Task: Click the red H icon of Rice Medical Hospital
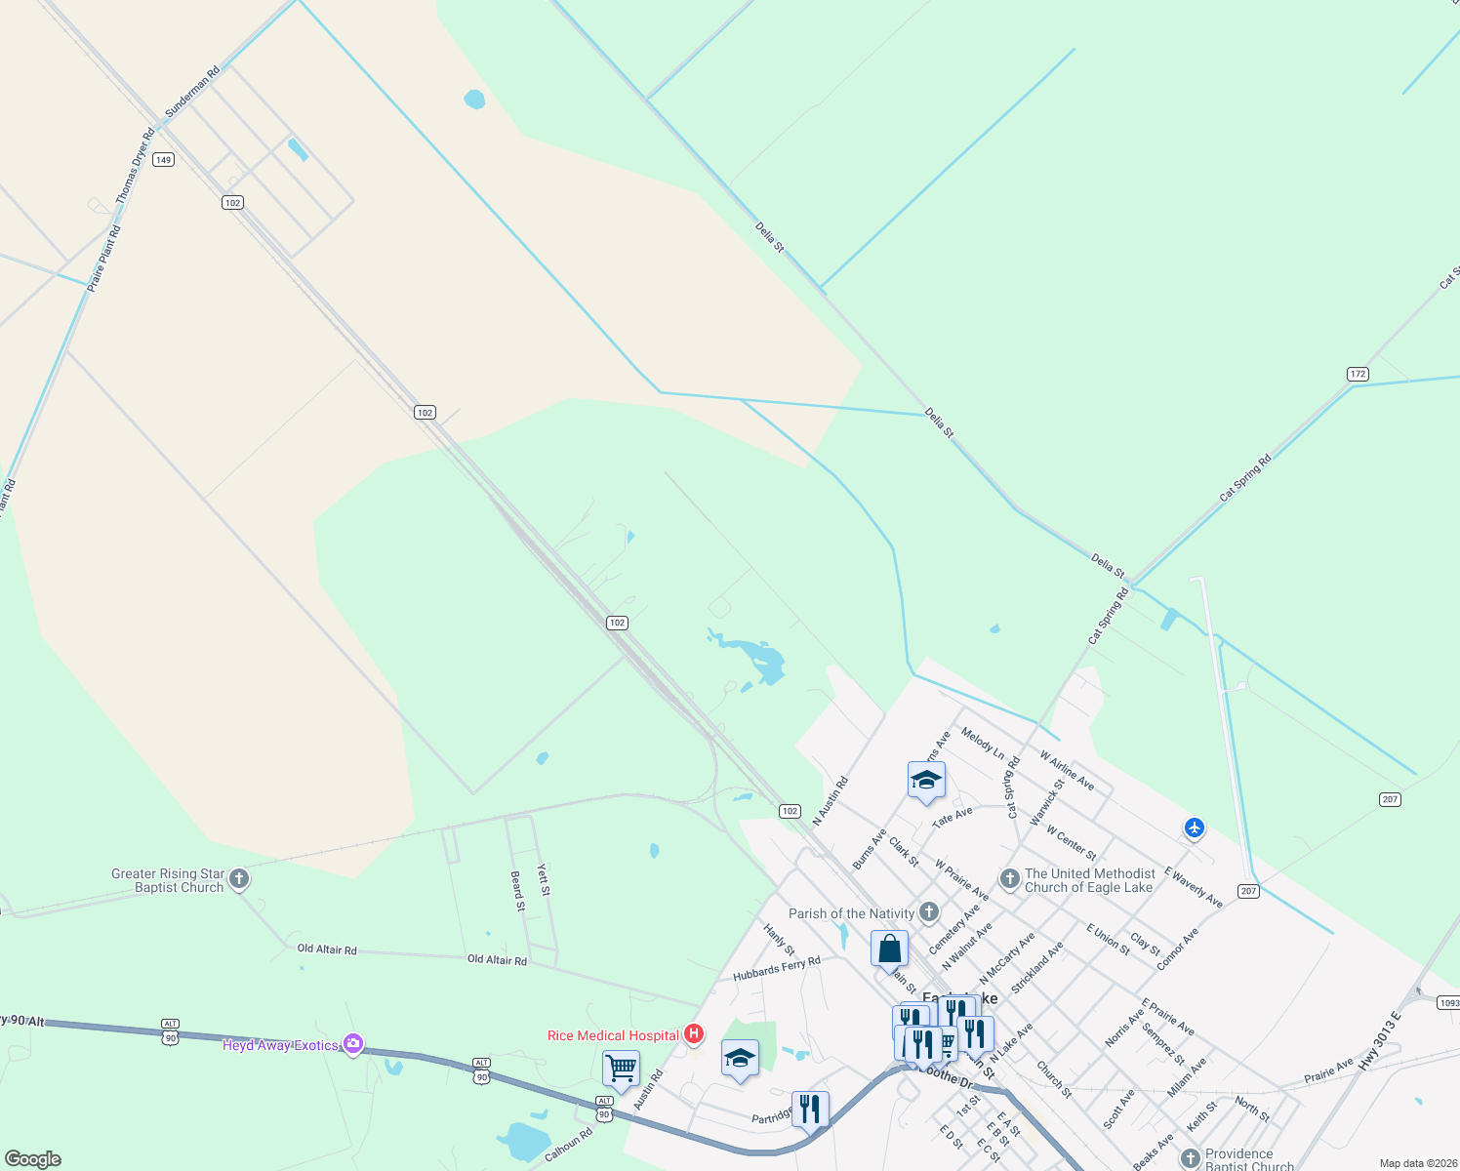pyautogui.click(x=694, y=1033)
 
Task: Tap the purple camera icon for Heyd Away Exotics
pyautogui.click(x=353, y=1045)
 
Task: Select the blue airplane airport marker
pyautogui.click(x=1194, y=828)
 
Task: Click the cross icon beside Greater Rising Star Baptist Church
pyautogui.click(x=239, y=880)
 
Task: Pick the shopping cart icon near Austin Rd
pyautogui.click(x=621, y=1070)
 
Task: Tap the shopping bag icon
pyautogui.click(x=889, y=948)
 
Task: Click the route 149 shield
pyautogui.click(x=163, y=160)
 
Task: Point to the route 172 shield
pyautogui.click(x=1358, y=374)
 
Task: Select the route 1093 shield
pyautogui.click(x=1449, y=1003)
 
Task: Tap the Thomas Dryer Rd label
pyautogui.click(x=135, y=166)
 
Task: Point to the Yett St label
pyautogui.click(x=544, y=880)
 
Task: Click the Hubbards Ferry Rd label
pyautogui.click(x=777, y=968)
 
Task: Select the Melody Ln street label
pyautogui.click(x=982, y=743)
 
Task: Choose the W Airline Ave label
pyautogui.click(x=1067, y=770)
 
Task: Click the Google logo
pyautogui.click(x=32, y=1159)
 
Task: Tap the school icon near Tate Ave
pyautogui.click(x=925, y=781)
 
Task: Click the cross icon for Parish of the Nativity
pyautogui.click(x=929, y=913)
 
